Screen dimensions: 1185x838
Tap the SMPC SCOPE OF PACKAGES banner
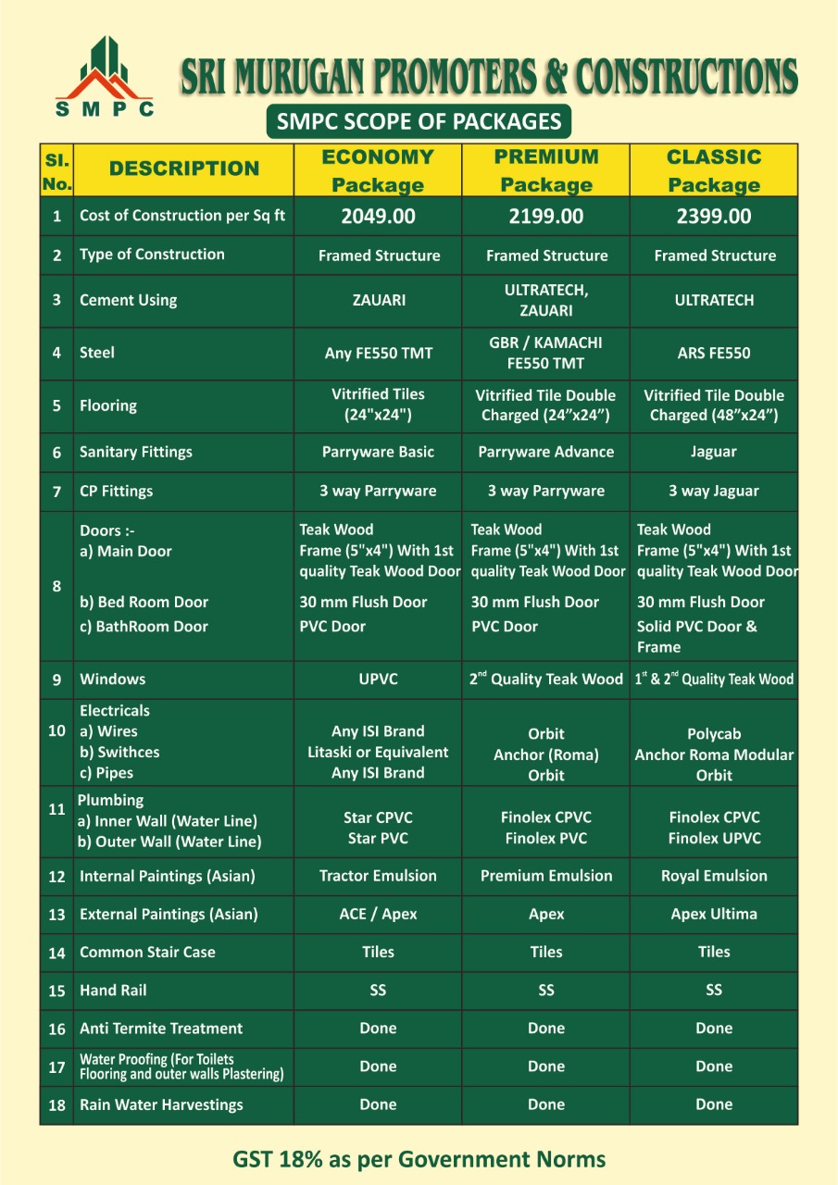pos(419,121)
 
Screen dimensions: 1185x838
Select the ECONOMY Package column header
pos(378,170)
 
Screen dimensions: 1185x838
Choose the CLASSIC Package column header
pos(714,170)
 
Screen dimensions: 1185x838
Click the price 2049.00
pos(378,217)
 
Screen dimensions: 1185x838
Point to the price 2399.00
pos(714,217)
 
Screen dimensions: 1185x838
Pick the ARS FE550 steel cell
pos(714,353)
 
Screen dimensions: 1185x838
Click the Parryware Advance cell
pos(546,452)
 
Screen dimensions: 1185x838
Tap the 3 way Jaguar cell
pos(714,491)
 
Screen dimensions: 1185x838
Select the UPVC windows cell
pos(378,679)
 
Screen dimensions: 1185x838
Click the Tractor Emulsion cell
pos(378,876)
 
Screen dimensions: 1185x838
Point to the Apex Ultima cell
pos(714,914)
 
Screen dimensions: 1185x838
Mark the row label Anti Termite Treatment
pos(161,1029)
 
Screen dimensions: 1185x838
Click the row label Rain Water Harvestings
pos(161,1104)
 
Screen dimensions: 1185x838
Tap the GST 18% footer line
pos(419,1159)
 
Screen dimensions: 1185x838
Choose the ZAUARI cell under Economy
pos(378,300)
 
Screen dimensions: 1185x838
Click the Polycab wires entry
pos(714,734)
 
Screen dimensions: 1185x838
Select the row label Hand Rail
pos(113,991)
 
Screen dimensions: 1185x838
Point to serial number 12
pos(56,877)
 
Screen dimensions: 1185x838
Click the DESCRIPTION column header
pos(184,168)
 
